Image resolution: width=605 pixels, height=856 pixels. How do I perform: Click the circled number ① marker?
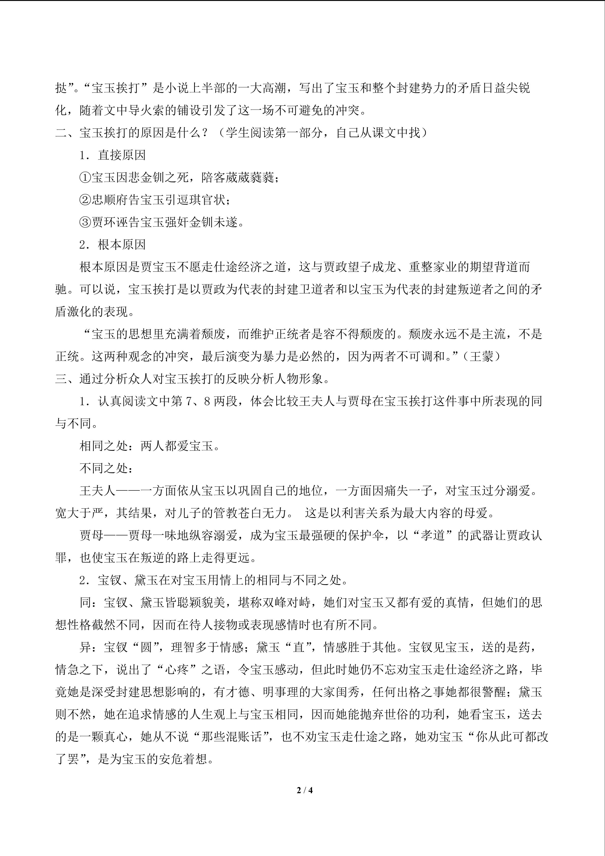(85, 177)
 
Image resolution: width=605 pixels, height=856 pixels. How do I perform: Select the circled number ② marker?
(85, 200)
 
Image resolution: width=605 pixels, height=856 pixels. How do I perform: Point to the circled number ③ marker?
(85, 222)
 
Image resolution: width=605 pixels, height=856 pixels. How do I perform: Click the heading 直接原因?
(122, 155)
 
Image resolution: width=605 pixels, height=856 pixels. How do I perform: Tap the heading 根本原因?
(122, 245)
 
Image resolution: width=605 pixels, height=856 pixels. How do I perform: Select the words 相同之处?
(104, 446)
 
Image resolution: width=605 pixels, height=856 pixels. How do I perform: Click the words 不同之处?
(104, 469)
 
